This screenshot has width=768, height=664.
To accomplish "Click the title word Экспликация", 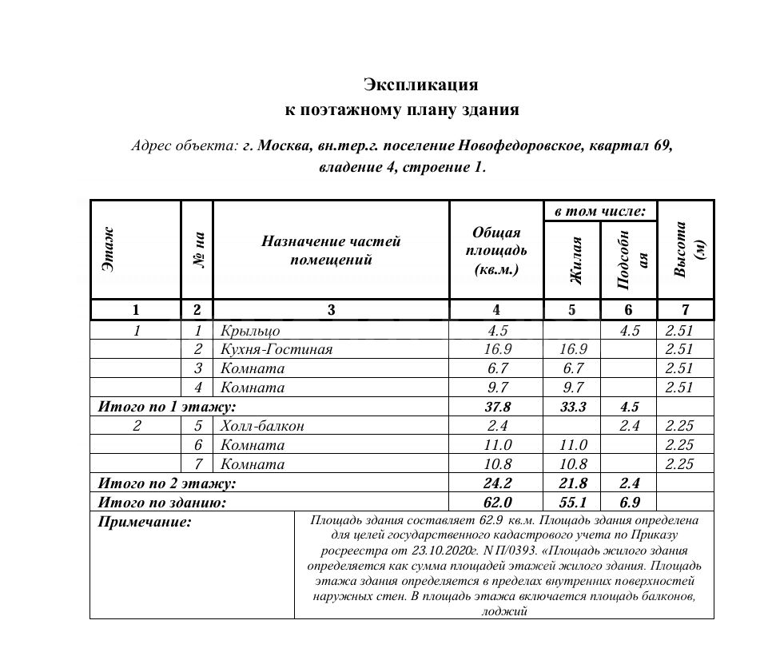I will coord(420,84).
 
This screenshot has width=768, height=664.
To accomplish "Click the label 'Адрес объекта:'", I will coord(185,146).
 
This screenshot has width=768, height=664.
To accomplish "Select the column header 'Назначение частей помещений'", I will coord(331,250).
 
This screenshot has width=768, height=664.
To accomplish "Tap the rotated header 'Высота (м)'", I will coord(686,250).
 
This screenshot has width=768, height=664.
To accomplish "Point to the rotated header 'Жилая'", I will coord(572,260).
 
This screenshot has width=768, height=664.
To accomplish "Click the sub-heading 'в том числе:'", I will coord(600,211).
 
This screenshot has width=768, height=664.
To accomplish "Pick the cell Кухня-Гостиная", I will coord(276,349).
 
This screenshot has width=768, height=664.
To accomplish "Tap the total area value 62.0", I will coord(496,503).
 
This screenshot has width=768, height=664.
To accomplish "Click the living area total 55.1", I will coord(572,503).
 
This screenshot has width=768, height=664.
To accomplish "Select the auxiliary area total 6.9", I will coord(629,503).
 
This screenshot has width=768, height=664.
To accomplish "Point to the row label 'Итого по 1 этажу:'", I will coord(166,407).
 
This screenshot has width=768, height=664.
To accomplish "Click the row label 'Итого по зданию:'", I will coord(162,503).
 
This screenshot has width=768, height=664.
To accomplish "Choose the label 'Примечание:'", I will coord(145,523).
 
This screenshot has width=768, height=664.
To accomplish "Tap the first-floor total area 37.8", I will coord(496,407).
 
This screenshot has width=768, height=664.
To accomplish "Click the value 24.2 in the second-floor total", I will coord(496,483).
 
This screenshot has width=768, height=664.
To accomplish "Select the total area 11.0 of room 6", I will coord(496,445).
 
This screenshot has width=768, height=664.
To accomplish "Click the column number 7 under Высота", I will coord(685,310).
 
